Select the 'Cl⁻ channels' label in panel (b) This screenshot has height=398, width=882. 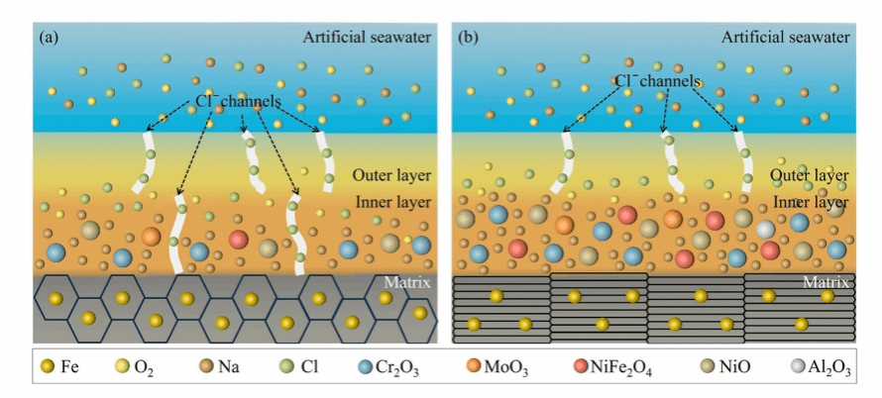[658, 80]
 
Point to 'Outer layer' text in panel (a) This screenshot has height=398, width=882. [391, 176]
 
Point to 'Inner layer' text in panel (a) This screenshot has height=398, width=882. [392, 204]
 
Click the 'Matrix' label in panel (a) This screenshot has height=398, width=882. [408, 283]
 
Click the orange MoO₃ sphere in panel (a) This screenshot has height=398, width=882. [151, 237]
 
